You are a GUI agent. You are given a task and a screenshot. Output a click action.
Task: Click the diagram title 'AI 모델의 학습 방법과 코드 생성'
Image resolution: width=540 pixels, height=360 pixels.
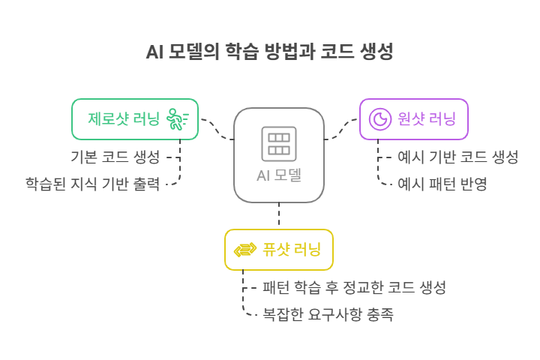click(x=269, y=52)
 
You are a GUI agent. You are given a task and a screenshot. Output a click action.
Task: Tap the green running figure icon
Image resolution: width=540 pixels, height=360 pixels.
click(x=177, y=119)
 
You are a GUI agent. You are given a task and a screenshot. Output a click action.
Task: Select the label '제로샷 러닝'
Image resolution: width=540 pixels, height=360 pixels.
click(x=123, y=119)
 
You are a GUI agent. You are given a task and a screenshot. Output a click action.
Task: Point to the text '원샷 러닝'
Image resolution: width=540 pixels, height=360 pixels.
click(x=427, y=119)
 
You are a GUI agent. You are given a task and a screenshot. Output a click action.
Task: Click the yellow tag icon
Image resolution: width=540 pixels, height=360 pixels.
click(x=244, y=250)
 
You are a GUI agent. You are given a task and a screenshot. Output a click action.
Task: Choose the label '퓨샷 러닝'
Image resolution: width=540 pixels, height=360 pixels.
click(x=292, y=250)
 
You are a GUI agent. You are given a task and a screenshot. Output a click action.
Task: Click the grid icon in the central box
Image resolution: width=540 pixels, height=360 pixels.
click(x=279, y=143)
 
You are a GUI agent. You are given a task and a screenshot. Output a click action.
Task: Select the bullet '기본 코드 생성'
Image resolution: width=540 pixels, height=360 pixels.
click(x=115, y=157)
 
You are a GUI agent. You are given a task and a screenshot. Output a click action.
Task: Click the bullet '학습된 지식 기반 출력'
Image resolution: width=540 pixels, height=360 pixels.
click(x=92, y=183)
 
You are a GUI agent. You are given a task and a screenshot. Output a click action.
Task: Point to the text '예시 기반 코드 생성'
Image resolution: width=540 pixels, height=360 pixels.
click(x=457, y=157)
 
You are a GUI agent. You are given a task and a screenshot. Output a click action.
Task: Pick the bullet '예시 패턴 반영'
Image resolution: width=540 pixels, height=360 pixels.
click(x=442, y=183)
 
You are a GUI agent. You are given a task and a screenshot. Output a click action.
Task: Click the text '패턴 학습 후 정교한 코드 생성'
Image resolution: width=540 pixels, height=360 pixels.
click(x=354, y=288)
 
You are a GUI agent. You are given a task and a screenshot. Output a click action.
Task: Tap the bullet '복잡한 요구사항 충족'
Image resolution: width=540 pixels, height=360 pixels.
click(x=328, y=314)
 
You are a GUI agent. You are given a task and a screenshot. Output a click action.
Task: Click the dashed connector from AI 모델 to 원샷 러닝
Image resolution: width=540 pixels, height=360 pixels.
click(x=342, y=129)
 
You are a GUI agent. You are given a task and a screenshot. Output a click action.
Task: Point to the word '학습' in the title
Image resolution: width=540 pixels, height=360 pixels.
click(x=240, y=52)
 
